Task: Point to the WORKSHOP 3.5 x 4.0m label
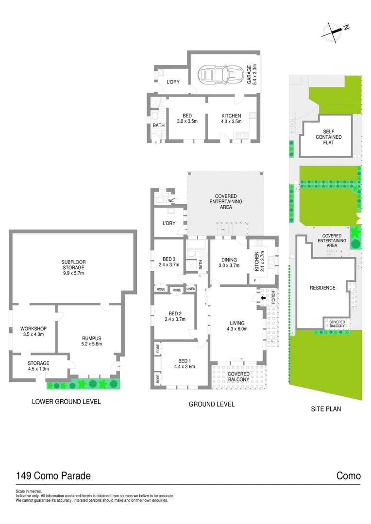34,332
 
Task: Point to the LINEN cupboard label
191,290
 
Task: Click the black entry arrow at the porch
264,298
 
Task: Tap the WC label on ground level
171,200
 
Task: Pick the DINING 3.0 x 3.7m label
230,262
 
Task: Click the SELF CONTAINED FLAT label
329,137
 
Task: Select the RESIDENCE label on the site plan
322,288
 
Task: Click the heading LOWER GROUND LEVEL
66,402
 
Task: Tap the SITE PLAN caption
326,409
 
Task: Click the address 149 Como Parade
53,476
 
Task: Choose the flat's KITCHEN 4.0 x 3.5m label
231,118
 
